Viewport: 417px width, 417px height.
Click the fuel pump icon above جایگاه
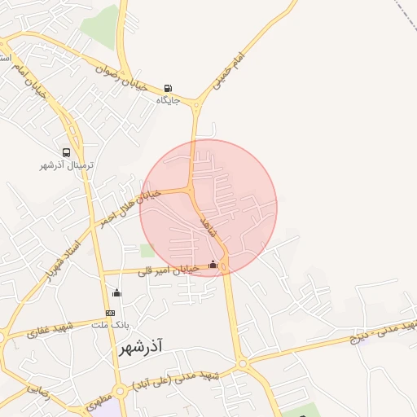pyautogui.click(x=168, y=89)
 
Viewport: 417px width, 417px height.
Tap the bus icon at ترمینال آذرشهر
pyautogui.click(x=66, y=152)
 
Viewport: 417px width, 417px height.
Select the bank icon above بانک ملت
pyautogui.click(x=110, y=313)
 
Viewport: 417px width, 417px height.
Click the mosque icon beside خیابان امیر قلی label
pyautogui.click(x=213, y=264)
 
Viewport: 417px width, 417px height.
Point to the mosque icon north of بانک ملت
pyautogui.click(x=116, y=293)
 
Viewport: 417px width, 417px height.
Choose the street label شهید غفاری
pyautogui.click(x=50, y=330)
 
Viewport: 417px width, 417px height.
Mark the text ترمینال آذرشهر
pyautogui.click(x=67, y=165)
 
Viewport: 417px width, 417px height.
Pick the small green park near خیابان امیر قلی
pyautogui.click(x=147, y=251)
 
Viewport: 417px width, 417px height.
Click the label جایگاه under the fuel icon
pyautogui.click(x=169, y=101)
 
